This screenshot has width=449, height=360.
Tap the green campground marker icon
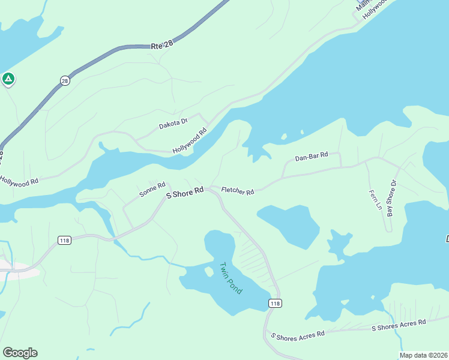pyautogui.click(x=8, y=79)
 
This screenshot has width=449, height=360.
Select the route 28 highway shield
pyautogui.click(x=65, y=80)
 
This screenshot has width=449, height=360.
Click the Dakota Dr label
pyautogui.click(x=173, y=124)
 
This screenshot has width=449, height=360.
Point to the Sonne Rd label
pyautogui.click(x=152, y=190)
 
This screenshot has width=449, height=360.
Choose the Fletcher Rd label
pyautogui.click(x=238, y=191)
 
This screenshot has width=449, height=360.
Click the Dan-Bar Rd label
pyautogui.click(x=312, y=157)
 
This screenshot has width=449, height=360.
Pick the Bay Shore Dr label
pyautogui.click(x=392, y=199)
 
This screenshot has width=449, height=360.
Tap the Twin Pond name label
pyautogui.click(x=230, y=278)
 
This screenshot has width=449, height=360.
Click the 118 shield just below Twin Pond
pyautogui.click(x=275, y=304)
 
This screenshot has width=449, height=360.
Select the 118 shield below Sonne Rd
pyautogui.click(x=65, y=240)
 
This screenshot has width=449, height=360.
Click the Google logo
pyautogui.click(x=20, y=352)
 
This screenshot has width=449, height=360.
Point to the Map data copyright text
pyautogui.click(x=423, y=355)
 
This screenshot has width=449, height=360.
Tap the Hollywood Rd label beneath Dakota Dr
pyautogui.click(x=190, y=140)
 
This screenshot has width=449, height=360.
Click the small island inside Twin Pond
pyautogui.click(x=209, y=272)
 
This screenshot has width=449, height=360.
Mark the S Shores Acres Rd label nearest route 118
pyautogui.click(x=298, y=334)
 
